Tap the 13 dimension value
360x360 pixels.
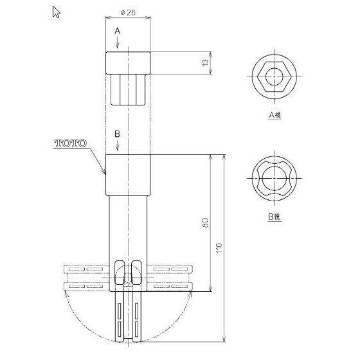click(x=204, y=62)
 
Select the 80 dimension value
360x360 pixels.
click(x=204, y=222)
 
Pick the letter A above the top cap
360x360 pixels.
click(x=118, y=31)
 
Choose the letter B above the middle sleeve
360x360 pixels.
click(x=117, y=134)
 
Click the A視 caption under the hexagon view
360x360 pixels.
click(x=275, y=115)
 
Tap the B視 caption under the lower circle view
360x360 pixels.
click(x=274, y=217)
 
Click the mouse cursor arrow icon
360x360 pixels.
click(x=56, y=11)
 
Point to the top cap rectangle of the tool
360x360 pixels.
click(x=128, y=62)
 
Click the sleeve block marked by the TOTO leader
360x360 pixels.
click(x=128, y=174)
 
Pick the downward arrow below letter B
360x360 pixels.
click(x=117, y=147)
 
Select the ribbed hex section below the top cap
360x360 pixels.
click(x=128, y=89)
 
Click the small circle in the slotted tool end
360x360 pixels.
click(x=128, y=278)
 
